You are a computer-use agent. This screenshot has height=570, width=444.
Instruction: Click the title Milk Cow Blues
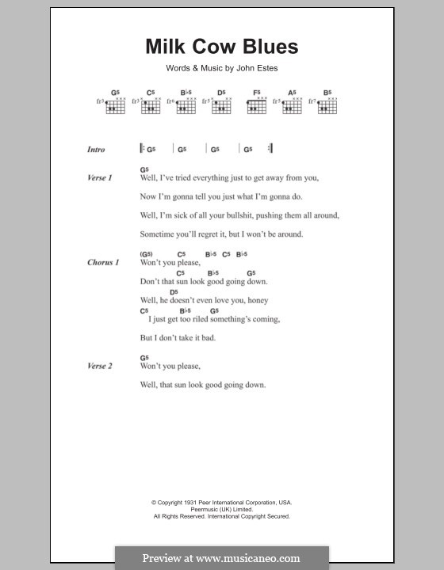(x=221, y=47)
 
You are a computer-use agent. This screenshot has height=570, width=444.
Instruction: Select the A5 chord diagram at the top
(x=292, y=104)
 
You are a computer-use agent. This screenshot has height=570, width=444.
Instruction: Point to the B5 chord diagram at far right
(x=326, y=104)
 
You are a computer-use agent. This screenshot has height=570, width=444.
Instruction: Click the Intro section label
(x=96, y=149)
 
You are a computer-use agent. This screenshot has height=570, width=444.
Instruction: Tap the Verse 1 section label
(x=100, y=178)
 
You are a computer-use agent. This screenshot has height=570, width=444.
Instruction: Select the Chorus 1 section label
(x=103, y=262)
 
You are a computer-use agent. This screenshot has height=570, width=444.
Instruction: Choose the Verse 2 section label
(x=100, y=366)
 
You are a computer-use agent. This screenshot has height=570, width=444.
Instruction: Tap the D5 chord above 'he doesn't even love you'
(x=174, y=292)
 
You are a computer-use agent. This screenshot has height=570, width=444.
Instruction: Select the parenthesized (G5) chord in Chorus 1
(x=147, y=254)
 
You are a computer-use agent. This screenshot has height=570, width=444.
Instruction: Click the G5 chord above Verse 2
(x=144, y=358)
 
